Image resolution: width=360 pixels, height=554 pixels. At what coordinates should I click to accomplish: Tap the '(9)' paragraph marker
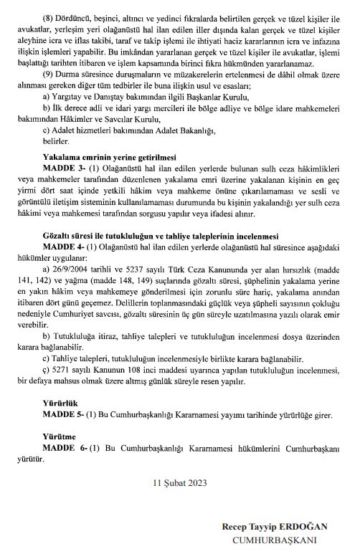(x=52, y=72)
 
